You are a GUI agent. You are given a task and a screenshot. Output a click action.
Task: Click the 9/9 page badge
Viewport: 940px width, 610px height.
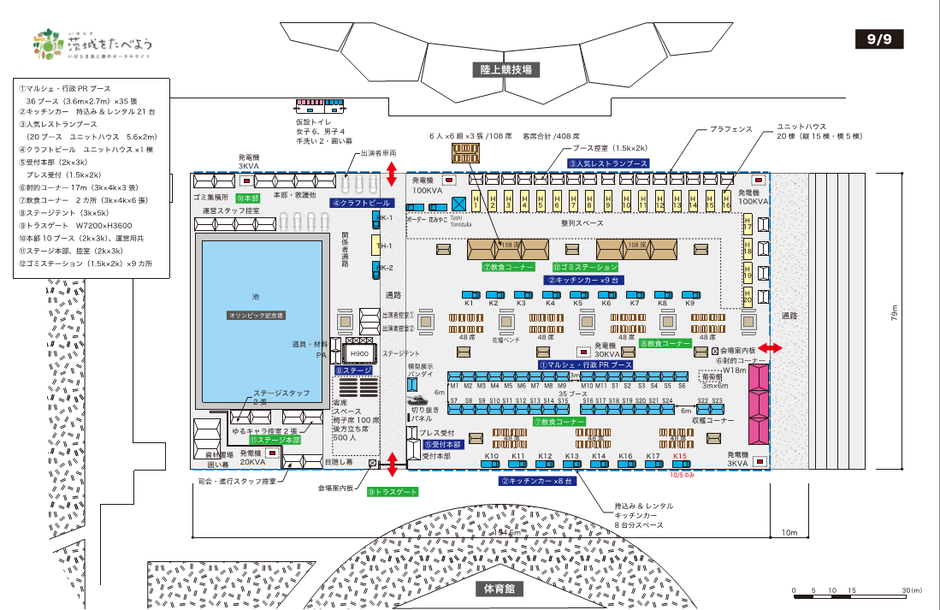click(878, 38)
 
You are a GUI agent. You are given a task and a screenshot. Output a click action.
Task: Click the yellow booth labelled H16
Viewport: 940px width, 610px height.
click(726, 202)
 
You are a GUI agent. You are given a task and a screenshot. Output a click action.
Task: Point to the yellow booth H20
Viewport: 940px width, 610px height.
click(747, 297)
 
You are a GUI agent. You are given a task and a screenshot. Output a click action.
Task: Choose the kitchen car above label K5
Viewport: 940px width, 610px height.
click(577, 294)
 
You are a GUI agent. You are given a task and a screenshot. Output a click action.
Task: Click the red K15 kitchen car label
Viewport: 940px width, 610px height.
click(680, 457)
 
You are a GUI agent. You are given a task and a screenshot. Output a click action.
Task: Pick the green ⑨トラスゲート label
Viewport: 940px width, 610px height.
click(393, 492)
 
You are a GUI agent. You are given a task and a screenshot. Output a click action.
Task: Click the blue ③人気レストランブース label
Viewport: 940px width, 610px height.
click(607, 163)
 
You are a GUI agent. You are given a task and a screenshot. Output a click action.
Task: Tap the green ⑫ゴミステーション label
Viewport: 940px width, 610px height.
click(584, 267)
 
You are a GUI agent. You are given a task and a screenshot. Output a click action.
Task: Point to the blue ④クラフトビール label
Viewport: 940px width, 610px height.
click(362, 204)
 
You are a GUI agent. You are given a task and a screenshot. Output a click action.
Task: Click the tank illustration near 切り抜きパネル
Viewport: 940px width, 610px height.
click(419, 400)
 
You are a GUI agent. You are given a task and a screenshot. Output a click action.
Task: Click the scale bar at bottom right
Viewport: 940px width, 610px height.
click(855, 590)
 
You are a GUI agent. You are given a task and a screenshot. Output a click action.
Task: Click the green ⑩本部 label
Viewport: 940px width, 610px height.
click(247, 198)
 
